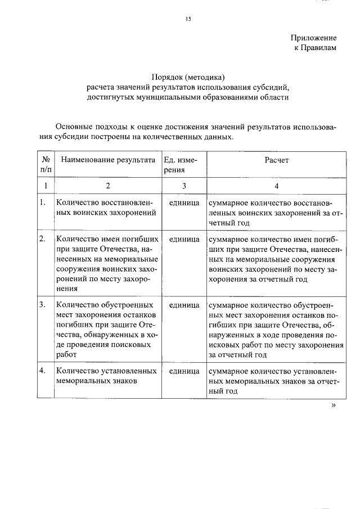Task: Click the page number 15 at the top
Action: pyautogui.click(x=188, y=19)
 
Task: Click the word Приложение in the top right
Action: pyautogui.click(x=313, y=38)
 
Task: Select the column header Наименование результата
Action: pyautogui.click(x=108, y=160)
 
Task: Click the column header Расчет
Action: pyautogui.click(x=276, y=160)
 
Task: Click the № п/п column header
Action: pyautogui.click(x=46, y=164)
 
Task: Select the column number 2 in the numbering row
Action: pyautogui.click(x=108, y=185)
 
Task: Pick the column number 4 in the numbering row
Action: pyautogui.click(x=276, y=185)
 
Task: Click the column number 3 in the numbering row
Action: pyautogui.click(x=183, y=185)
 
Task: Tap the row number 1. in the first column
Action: pyautogui.click(x=42, y=202)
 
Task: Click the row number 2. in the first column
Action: pyautogui.click(x=42, y=239)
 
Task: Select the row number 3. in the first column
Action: pyautogui.click(x=42, y=305)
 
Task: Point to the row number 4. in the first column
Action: pyautogui.click(x=42, y=371)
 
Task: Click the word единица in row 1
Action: pyautogui.click(x=184, y=202)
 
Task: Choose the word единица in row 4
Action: pyautogui.click(x=184, y=371)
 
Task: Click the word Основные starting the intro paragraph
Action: pyautogui.click(x=78, y=127)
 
